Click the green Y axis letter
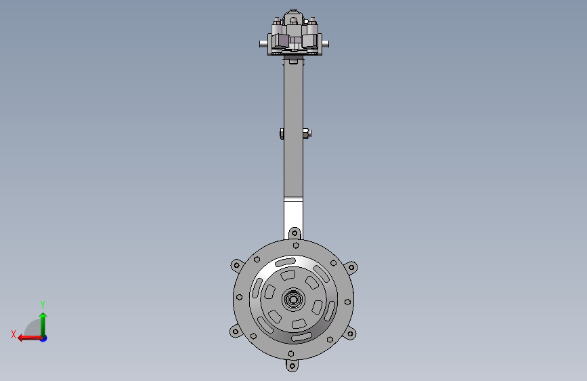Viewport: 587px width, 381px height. [43, 304]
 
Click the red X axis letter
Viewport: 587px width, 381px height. [14, 334]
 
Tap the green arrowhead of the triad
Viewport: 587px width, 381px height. [43, 316]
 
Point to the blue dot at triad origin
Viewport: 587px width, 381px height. [44, 339]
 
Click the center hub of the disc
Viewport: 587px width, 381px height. [293, 299]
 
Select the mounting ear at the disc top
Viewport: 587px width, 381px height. [295, 233]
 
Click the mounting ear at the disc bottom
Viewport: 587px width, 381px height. [292, 365]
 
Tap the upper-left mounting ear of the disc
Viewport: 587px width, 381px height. [236, 266]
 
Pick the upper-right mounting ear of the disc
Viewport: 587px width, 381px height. [351, 268]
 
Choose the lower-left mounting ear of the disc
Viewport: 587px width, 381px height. [236, 331]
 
